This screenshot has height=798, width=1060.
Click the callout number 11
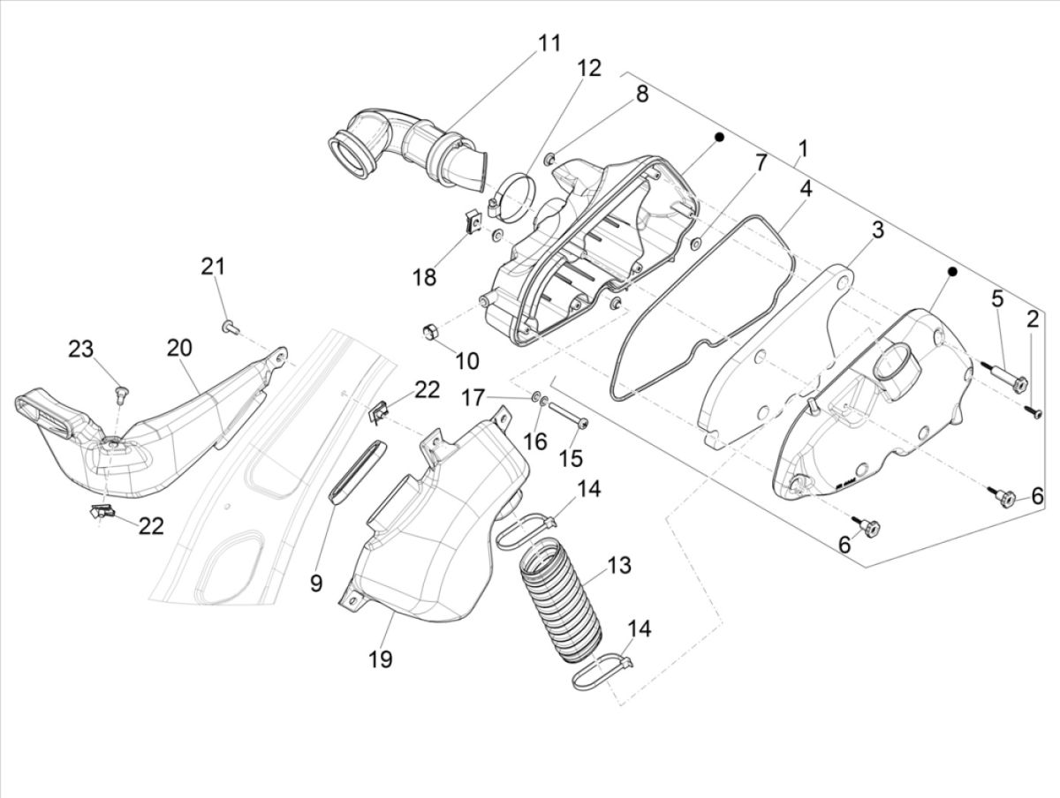[549, 43]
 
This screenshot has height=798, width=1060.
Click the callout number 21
[212, 266]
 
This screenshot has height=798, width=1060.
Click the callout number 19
[382, 658]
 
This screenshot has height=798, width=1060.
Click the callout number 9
[315, 583]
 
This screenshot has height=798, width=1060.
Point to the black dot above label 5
[953, 270]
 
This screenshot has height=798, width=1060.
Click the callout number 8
[641, 94]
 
